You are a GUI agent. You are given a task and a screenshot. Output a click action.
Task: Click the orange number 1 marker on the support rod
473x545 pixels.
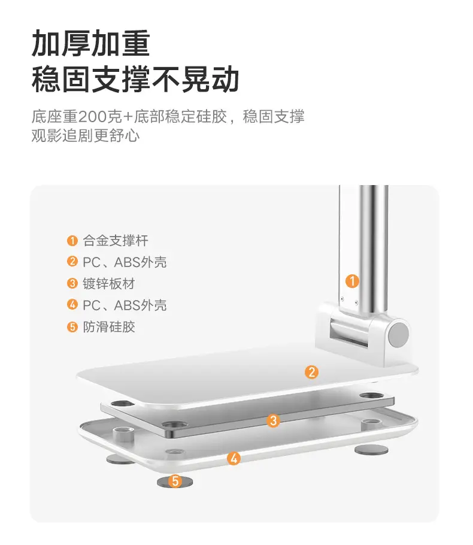pyautogui.click(x=352, y=281)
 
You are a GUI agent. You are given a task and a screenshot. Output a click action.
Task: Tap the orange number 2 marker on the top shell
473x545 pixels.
pyautogui.click(x=311, y=372)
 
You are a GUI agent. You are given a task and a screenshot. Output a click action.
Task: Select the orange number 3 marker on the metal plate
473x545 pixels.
pyautogui.click(x=273, y=420)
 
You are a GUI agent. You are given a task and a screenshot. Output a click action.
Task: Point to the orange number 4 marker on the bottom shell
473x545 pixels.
pyautogui.click(x=234, y=458)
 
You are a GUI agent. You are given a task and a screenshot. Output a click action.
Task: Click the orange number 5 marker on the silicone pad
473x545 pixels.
pyautogui.click(x=175, y=481)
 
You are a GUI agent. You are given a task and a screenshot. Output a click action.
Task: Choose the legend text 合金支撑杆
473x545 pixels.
pyautogui.click(x=116, y=241)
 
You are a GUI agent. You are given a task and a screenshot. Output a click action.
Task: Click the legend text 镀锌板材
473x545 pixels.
pyautogui.click(x=109, y=284)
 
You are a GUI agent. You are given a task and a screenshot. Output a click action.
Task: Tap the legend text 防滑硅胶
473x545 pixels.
pyautogui.click(x=109, y=327)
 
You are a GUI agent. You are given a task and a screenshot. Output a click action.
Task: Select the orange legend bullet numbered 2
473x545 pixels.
pyautogui.click(x=72, y=261)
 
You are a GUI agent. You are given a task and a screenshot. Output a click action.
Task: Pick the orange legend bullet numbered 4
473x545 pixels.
pyautogui.click(x=72, y=304)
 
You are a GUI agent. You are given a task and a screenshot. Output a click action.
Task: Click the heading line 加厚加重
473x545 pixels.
pyautogui.click(x=91, y=44)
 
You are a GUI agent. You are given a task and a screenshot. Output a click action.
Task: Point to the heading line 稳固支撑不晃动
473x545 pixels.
pyautogui.click(x=135, y=79)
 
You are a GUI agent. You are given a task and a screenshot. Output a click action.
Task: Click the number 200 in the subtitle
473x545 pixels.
pyautogui.click(x=92, y=117)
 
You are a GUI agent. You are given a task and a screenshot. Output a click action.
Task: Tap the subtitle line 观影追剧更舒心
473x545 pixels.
pyautogui.click(x=86, y=135)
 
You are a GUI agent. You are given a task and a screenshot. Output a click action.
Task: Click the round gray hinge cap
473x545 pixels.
pyautogui.click(x=398, y=334)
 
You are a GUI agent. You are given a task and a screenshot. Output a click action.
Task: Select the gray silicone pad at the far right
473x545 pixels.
pyautogui.click(x=371, y=450)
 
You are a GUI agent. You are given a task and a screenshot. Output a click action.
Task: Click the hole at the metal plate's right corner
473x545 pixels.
pyautogui.click(x=371, y=396)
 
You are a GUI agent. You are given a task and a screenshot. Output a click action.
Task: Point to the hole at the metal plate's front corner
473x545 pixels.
pyautogui.click(x=175, y=425)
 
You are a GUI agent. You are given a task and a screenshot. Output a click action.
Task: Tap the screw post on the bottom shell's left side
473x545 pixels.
pyautogui.click(x=124, y=434)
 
